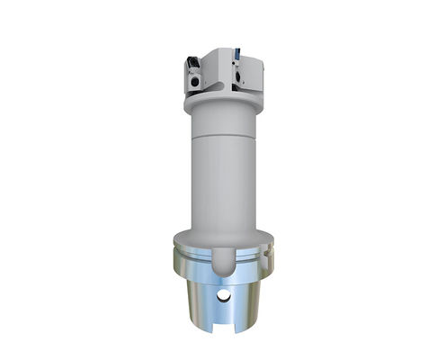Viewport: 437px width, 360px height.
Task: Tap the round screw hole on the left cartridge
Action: tap(194, 82)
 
